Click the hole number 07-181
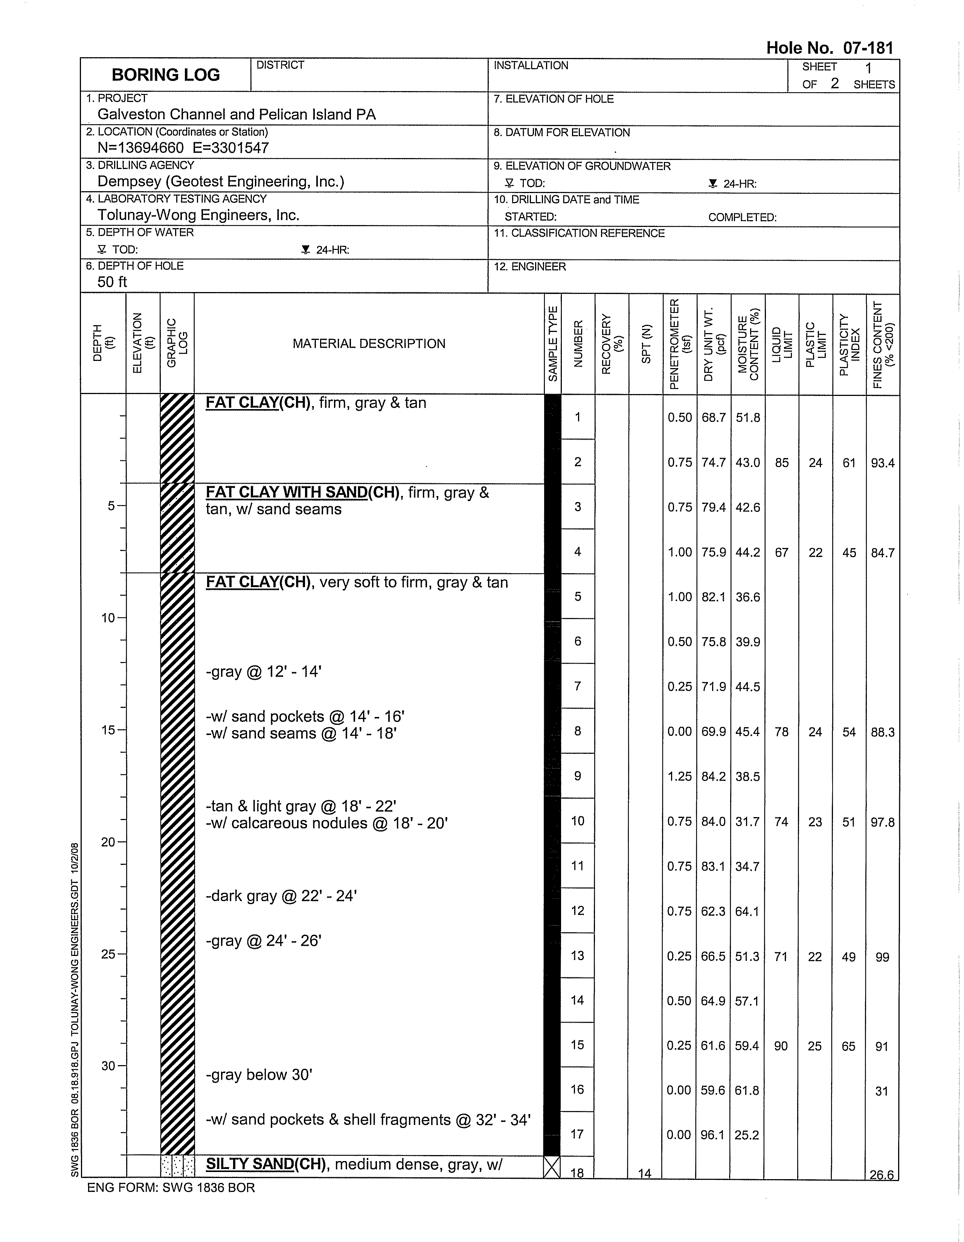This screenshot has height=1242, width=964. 829,48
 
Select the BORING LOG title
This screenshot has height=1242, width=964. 166,75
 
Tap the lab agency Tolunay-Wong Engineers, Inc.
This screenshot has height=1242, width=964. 198,215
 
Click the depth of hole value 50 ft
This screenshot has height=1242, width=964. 112,282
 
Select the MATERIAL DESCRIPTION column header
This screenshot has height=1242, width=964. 369,344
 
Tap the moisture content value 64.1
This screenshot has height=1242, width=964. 747,912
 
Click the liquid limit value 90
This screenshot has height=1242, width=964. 781,1046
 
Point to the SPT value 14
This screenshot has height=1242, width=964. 645,1173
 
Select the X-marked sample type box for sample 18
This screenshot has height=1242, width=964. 551,1167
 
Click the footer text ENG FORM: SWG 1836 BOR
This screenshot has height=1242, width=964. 171,1187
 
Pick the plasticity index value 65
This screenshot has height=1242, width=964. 848,1046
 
